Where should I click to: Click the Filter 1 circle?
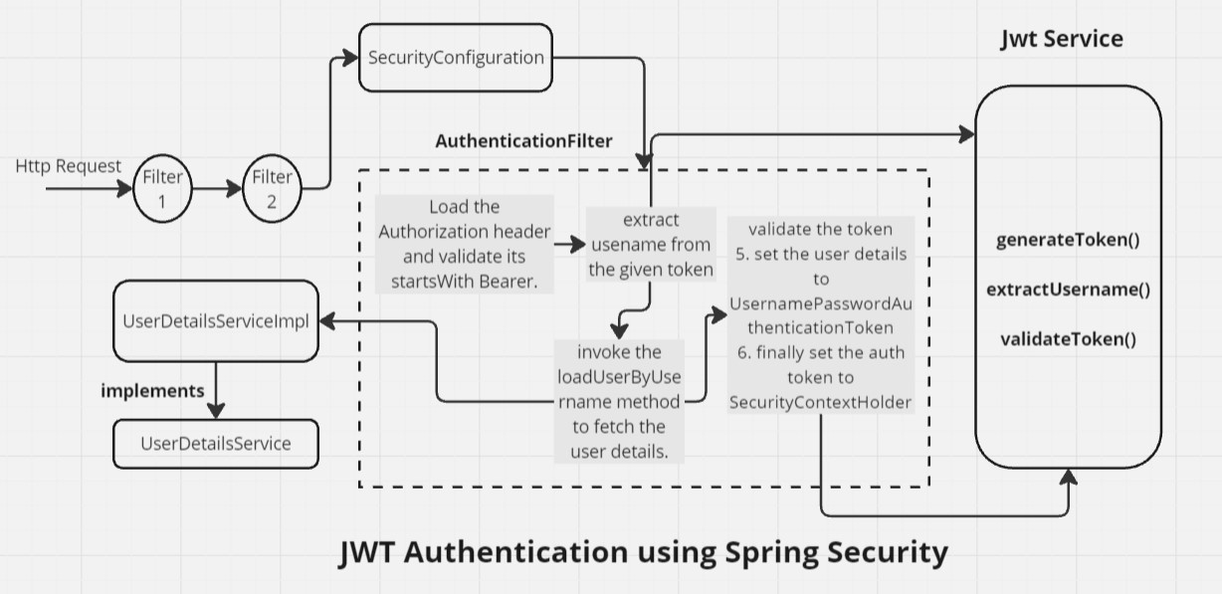(x=162, y=186)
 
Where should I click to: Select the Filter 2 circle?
(x=272, y=186)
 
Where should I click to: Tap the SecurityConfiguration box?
(x=456, y=58)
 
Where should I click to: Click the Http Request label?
(x=69, y=166)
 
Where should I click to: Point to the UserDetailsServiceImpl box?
(x=216, y=320)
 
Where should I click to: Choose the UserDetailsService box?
(x=216, y=443)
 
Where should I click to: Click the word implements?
(x=152, y=391)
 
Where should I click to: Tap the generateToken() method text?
(x=1067, y=241)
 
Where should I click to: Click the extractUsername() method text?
(x=1068, y=290)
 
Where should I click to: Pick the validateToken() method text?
(x=1067, y=338)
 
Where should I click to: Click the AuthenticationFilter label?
(x=523, y=140)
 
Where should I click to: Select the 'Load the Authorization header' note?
(x=465, y=244)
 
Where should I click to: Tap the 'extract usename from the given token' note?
(x=651, y=245)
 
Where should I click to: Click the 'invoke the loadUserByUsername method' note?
(x=618, y=402)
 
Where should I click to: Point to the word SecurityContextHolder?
(x=821, y=402)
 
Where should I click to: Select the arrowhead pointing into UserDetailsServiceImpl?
(x=325, y=321)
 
